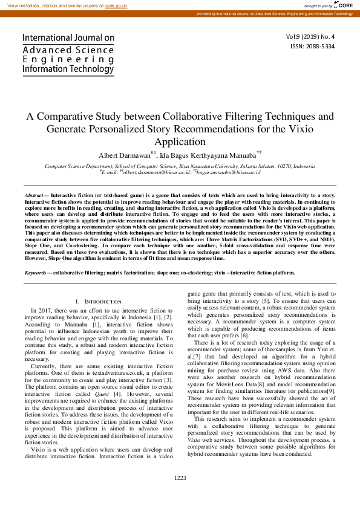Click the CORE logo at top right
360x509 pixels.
click(345, 5)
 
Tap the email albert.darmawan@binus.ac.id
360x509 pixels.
click(150, 172)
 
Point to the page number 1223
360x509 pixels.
click(180, 478)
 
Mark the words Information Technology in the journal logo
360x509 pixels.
click(68, 70)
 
